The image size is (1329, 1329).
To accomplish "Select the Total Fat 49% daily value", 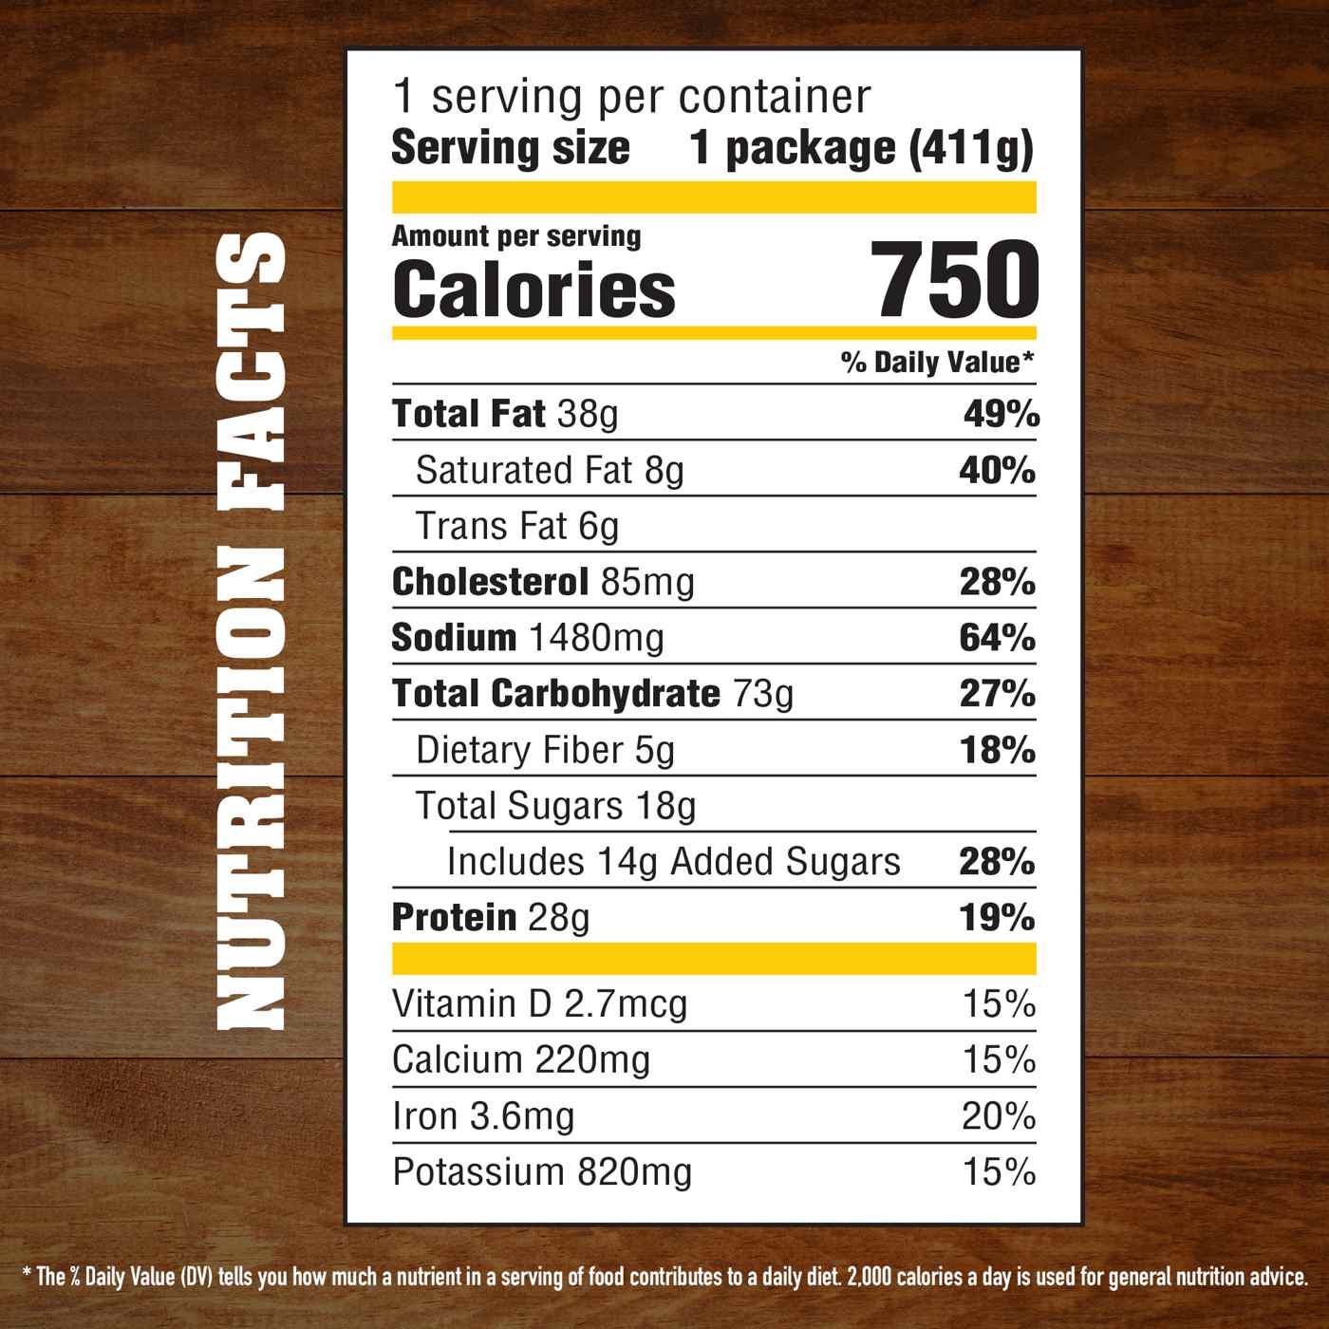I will pos(1001,415).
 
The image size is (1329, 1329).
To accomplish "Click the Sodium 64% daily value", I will pos(997,638).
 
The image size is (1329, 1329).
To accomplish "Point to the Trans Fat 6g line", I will pos(517,526).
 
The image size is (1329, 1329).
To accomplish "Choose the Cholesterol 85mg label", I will pos(543,582).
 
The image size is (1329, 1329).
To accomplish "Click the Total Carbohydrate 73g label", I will pos(592,694).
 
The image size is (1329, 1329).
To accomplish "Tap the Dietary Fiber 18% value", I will pos(997,750).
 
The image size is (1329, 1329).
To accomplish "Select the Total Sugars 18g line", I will pos(555,806).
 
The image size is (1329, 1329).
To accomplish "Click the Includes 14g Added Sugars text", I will pos(673,862).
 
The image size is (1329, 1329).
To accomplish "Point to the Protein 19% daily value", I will pos(997,918).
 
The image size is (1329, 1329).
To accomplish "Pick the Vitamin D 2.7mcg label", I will pos(539,1003).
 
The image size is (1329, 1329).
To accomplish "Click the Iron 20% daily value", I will pos(998,1116).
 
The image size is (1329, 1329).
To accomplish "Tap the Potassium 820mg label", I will pos(542,1172).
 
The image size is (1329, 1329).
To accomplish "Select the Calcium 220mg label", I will pos(521,1059).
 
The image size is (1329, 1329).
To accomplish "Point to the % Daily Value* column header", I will pos(936,362).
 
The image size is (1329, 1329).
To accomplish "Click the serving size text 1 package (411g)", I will pos(861,148).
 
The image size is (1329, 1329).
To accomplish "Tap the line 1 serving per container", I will pos(631,96).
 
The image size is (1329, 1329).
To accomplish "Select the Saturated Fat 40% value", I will pos(997,471).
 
